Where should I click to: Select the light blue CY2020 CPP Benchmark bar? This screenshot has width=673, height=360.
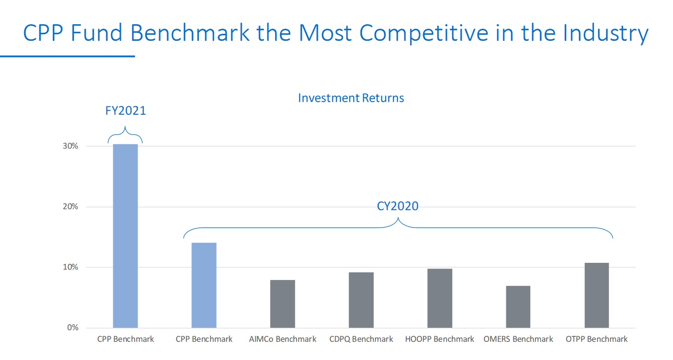pyautogui.click(x=204, y=285)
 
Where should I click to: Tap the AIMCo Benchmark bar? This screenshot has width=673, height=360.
pyautogui.click(x=283, y=304)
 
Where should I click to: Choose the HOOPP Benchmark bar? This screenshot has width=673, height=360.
pyautogui.click(x=440, y=298)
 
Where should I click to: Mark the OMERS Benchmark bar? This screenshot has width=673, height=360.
pyautogui.click(x=518, y=307)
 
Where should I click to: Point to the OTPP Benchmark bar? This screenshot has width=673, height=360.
pyautogui.click(x=597, y=295)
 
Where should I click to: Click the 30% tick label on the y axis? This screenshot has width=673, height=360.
pyautogui.click(x=71, y=146)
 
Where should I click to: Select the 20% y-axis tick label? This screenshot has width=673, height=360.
pyautogui.click(x=71, y=206)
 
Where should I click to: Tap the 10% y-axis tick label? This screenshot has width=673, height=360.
pyautogui.click(x=71, y=267)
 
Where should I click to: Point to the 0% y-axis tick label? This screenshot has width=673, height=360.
pyautogui.click(x=73, y=328)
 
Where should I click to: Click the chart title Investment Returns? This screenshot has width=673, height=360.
pyautogui.click(x=351, y=98)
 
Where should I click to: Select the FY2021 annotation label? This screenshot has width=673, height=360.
pyautogui.click(x=125, y=110)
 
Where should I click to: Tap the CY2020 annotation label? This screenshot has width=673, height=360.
pyautogui.click(x=397, y=206)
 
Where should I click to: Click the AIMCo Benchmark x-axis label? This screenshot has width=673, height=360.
pyautogui.click(x=283, y=339)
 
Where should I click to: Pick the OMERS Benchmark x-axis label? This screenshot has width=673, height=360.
pyautogui.click(x=518, y=339)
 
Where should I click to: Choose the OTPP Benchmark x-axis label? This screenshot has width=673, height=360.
pyautogui.click(x=597, y=339)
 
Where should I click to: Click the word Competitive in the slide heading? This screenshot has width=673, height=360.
pyautogui.click(x=425, y=33)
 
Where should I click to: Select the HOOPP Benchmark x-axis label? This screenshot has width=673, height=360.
pyautogui.click(x=440, y=339)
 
